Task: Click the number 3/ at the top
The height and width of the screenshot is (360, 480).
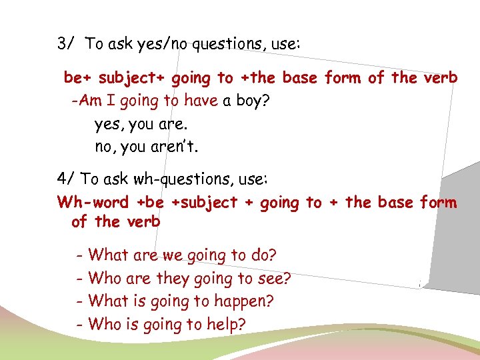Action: click(65, 45)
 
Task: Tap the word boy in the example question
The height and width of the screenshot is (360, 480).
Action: click(255, 101)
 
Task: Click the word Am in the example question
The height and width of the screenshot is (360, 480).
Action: click(86, 101)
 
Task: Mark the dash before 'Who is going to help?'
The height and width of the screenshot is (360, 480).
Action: click(80, 325)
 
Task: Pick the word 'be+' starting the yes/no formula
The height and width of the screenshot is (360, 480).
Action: click(79, 78)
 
